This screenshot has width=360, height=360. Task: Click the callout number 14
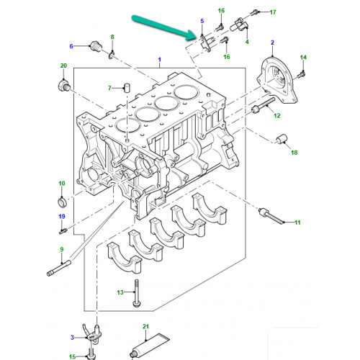pyautogui.click(x=302, y=57)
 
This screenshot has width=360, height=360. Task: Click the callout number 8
pyautogui.click(x=112, y=37)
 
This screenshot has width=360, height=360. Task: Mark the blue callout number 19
pyautogui.click(x=61, y=217)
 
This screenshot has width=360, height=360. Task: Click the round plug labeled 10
pyautogui.click(x=61, y=199)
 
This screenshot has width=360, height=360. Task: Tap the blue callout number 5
pyautogui.click(x=202, y=21)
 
